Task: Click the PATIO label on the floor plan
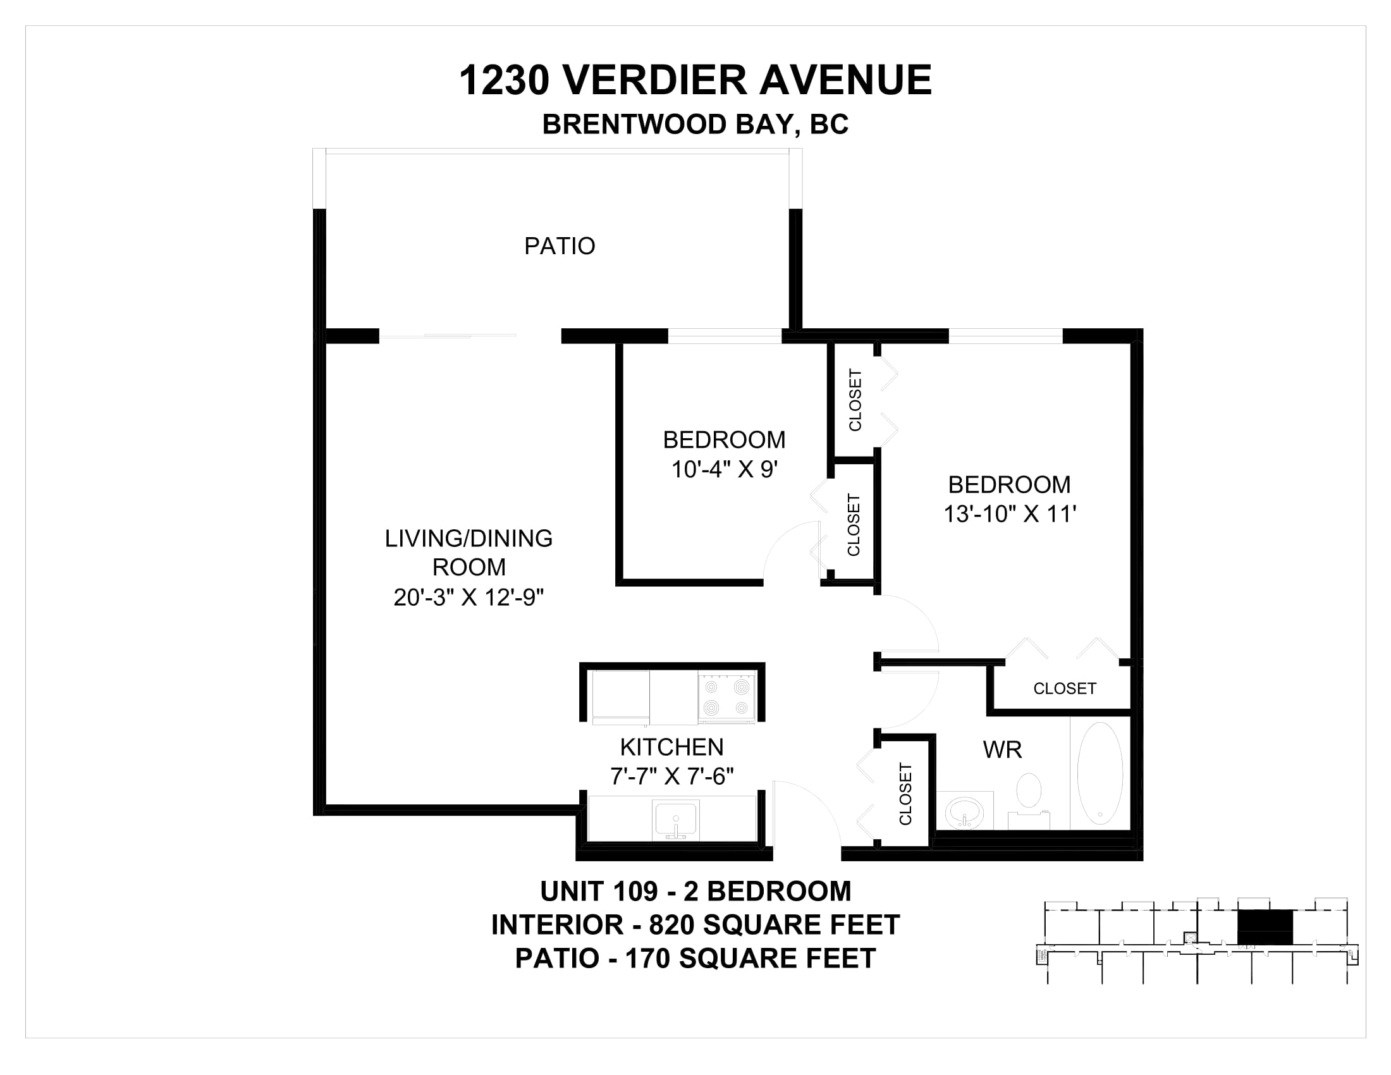pos(559,246)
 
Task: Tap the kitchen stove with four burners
pos(726,697)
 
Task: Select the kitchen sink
pos(676,820)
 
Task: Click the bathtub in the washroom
pos(1100,773)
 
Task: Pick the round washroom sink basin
pos(964,813)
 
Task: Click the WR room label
pos(1003,750)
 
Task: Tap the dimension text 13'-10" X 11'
pos(1010,515)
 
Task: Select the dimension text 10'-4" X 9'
pos(725,470)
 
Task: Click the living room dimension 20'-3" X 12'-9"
pos(469,598)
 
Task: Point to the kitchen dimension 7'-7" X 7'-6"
pos(672,777)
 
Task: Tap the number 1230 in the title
pos(505,80)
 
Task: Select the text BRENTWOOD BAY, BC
pos(695,124)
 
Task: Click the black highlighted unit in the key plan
pos(1266,926)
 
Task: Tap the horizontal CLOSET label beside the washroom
pos(1065,689)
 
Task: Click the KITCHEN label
pos(672,747)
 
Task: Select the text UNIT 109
pos(599,891)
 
